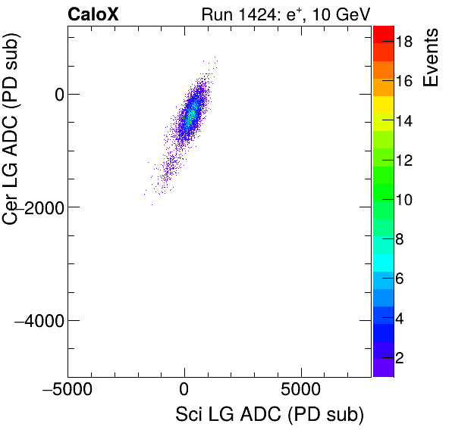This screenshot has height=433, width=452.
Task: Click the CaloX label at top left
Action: coord(93,14)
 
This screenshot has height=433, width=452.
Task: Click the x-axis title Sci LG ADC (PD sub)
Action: coord(269,415)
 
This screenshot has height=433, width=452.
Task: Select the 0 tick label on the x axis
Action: coord(184,394)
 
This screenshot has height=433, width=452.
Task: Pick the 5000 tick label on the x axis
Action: coord(302,394)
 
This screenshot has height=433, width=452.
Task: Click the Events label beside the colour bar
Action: coord(432,58)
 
